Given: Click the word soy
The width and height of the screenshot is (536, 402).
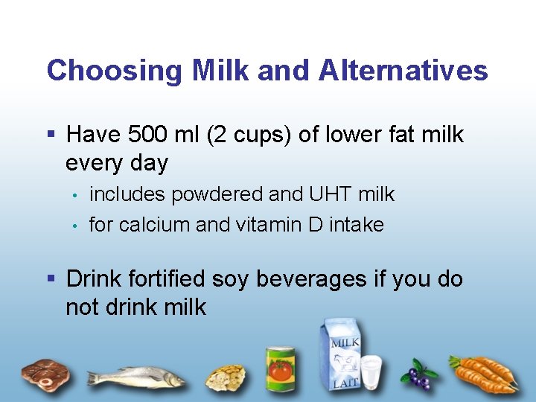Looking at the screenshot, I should [230, 279].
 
